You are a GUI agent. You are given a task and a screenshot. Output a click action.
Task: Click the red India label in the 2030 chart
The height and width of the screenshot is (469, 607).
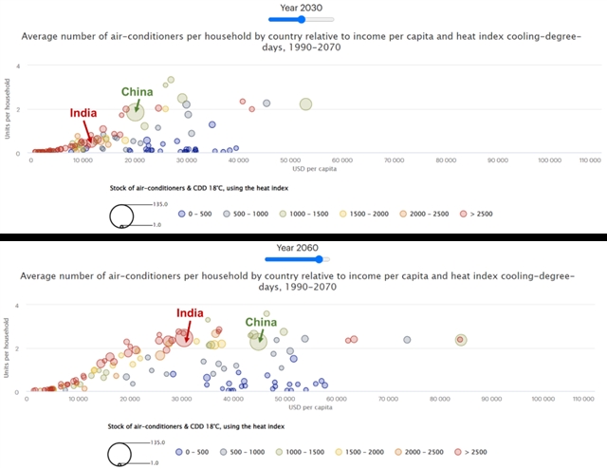[83, 113]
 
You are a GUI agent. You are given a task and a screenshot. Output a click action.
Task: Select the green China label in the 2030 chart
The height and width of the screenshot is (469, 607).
[137, 92]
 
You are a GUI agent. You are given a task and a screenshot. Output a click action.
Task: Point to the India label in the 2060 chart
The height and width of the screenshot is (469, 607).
[191, 313]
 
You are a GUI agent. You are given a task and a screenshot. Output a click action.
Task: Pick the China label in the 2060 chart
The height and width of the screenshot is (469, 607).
[261, 322]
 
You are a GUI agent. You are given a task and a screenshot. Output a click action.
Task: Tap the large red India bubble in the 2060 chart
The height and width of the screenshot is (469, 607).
[183, 335]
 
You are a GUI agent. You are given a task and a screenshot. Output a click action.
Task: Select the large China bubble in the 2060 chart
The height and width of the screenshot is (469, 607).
[258, 341]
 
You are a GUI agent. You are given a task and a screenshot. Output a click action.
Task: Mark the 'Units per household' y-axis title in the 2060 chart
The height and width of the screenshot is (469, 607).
[6, 348]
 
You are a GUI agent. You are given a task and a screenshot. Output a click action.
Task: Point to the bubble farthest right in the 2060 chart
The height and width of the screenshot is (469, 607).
[461, 340]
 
